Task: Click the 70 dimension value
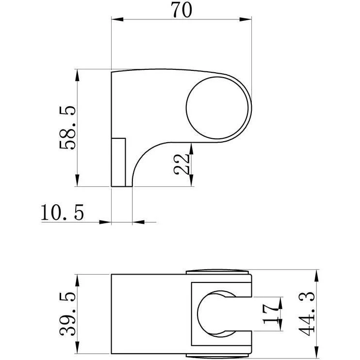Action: pyautogui.click(x=181, y=10)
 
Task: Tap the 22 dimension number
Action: pyautogui.click(x=181, y=164)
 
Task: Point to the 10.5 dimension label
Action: pyautogui.click(x=62, y=213)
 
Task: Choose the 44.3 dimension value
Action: pyautogui.click(x=306, y=314)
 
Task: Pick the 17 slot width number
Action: pyautogui.click(x=270, y=314)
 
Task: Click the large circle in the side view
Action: pyautogui.click(x=217, y=108)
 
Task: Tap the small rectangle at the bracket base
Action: pyautogui.click(x=118, y=163)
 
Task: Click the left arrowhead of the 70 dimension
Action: pyautogui.click(x=117, y=19)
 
